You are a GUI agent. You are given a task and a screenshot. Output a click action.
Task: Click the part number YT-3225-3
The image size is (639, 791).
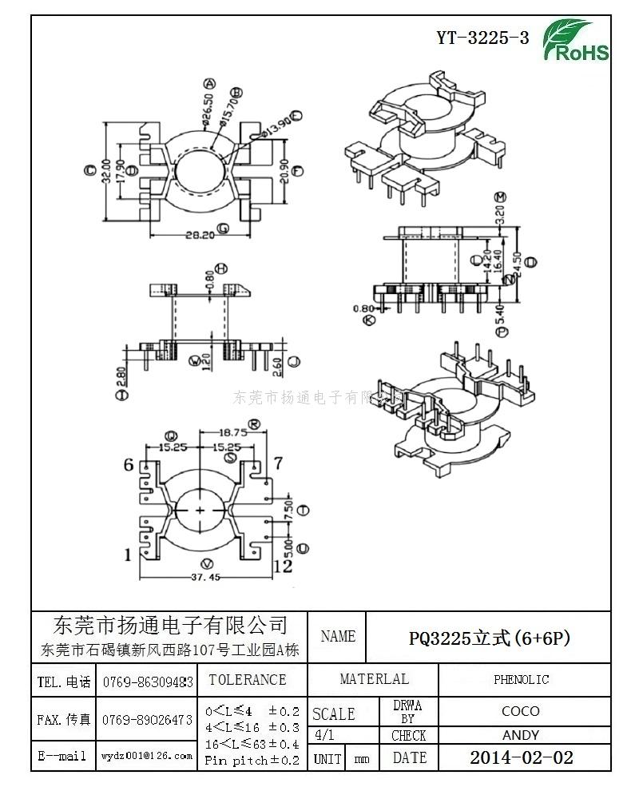pyautogui.click(x=482, y=38)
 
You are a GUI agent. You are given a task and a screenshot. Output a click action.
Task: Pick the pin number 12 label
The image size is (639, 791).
pyautogui.click(x=283, y=566)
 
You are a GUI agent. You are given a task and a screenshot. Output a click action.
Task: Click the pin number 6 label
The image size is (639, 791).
pyautogui.click(x=128, y=464)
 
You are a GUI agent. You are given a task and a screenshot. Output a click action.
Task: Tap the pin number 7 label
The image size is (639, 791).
pyautogui.click(x=278, y=463)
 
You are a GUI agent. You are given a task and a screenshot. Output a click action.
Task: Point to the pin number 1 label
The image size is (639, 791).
pyautogui.click(x=128, y=554)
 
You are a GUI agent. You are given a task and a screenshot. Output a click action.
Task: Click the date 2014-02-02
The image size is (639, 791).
pyautogui.click(x=521, y=757)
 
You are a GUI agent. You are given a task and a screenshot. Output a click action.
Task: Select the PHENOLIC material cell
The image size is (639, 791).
pyautogui.click(x=521, y=679)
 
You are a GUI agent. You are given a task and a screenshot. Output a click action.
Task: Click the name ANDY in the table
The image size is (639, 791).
pyautogui.click(x=521, y=735)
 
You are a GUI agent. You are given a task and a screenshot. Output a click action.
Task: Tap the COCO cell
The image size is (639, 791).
pyautogui.click(x=521, y=710)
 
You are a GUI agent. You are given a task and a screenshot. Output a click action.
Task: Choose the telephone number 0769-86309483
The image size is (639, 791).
pyautogui.click(x=147, y=682)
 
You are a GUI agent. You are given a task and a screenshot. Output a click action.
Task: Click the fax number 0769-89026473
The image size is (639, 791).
pyautogui.click(x=147, y=719)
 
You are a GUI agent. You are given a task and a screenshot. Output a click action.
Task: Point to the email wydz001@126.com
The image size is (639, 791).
pyautogui.click(x=147, y=755)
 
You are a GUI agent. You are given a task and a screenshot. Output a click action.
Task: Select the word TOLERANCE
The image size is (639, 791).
pyautogui.click(x=247, y=680)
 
